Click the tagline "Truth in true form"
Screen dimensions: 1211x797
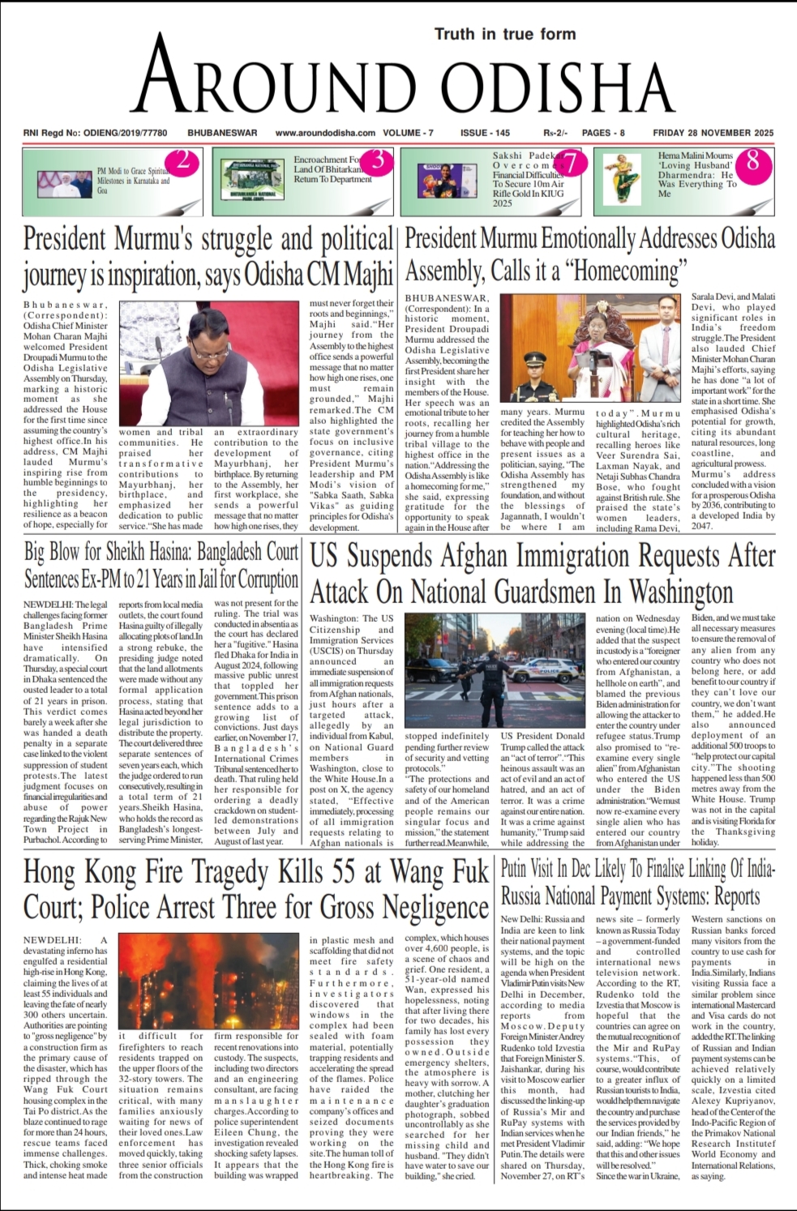(505, 34)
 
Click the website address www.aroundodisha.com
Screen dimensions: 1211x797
(325, 133)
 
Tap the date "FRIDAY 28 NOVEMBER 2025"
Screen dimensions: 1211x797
(713, 133)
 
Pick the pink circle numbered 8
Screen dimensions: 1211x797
(752, 160)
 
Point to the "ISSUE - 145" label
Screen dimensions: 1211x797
(485, 133)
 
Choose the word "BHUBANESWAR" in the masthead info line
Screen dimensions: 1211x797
(222, 133)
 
